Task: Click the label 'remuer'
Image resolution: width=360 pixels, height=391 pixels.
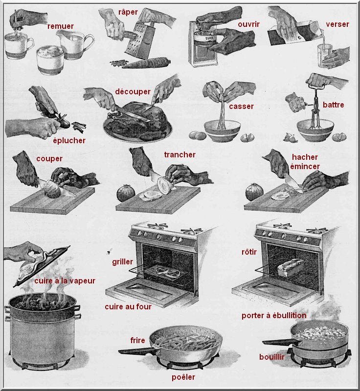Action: click(60, 26)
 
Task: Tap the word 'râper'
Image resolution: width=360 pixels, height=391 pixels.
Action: click(128, 12)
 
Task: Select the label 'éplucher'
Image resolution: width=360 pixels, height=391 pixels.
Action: click(69, 141)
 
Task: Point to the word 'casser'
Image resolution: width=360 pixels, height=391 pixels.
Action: click(242, 107)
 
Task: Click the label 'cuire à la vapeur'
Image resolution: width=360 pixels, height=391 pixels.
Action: click(65, 281)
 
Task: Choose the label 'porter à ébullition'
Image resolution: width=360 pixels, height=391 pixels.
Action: click(274, 316)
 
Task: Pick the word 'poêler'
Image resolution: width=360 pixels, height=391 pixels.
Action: click(183, 377)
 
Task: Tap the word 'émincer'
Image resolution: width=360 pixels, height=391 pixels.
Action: click(305, 167)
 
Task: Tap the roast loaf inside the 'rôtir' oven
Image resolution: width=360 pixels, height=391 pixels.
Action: click(291, 267)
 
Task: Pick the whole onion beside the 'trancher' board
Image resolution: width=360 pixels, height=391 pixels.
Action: click(126, 193)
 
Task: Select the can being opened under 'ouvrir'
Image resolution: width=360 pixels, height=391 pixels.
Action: click(203, 43)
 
